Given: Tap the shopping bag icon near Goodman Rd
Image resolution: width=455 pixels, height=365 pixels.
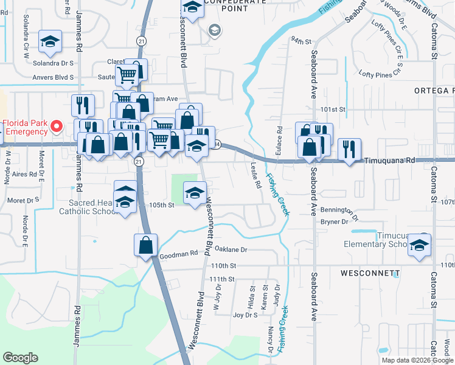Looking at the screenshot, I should coord(146,245).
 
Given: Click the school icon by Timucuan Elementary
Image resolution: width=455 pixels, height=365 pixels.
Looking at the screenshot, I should coord(419,244).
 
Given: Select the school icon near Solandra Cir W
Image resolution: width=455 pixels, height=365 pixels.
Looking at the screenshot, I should coord(49,41).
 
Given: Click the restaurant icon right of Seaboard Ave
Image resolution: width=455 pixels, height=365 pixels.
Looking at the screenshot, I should coord(349,150).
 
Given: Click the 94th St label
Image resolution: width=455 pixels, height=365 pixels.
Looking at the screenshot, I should coord(301,41).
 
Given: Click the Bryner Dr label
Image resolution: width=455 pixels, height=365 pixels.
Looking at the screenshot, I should coord(336,221).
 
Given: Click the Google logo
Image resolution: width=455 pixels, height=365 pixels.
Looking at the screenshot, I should coord(20,358).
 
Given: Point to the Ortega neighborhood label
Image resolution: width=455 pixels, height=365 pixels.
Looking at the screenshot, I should coord(434,91).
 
